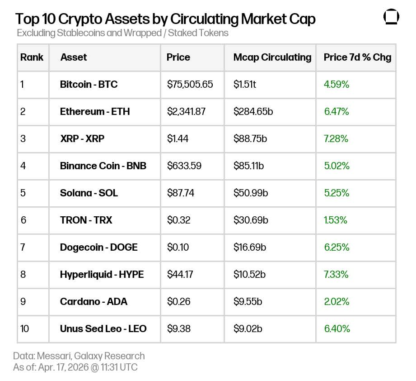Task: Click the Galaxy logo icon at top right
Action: point(391,17)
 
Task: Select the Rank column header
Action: point(32,57)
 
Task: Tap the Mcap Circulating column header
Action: point(272,57)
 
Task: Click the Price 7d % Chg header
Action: point(357,57)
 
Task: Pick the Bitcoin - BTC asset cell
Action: point(89,84)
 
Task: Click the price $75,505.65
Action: point(190,84)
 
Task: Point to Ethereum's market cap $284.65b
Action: point(253,111)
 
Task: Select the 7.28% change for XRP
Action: point(336,138)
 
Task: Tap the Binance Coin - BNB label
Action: point(103,166)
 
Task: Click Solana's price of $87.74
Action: point(181,193)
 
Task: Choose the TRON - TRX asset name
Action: point(86,220)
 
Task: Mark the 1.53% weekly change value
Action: point(335,220)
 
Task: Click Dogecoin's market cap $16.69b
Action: point(250,247)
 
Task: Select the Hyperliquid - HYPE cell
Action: point(102,274)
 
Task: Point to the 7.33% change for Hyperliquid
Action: point(336,274)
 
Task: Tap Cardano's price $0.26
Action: point(178,301)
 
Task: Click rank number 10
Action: point(24,329)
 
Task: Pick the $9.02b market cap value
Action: point(248,329)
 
